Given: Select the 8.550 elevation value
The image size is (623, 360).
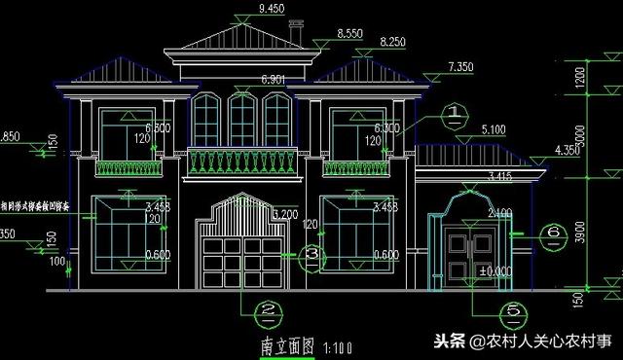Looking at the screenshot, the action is (349, 33).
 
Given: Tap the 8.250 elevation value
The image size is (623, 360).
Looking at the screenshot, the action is (392, 42).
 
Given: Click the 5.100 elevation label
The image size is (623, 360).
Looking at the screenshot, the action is (494, 127).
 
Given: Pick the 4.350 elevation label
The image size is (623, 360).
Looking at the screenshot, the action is (567, 150).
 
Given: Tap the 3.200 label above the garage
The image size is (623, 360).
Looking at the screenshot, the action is (286, 214).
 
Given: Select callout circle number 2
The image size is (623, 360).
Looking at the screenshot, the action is (266, 313).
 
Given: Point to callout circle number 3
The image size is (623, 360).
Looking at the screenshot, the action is (311, 254).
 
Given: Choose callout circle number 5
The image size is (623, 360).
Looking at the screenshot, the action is (512, 313).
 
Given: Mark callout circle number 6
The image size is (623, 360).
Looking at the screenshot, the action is (551, 233).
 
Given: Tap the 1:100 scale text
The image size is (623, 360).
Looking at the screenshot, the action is (337, 347).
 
